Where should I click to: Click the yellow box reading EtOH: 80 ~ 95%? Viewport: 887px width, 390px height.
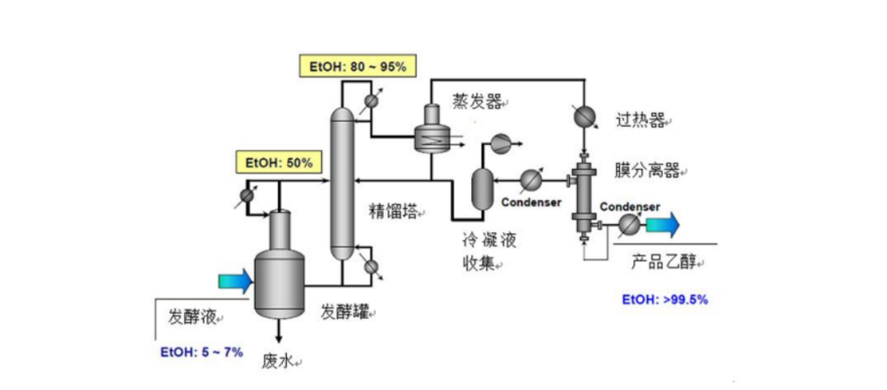coord(357,66)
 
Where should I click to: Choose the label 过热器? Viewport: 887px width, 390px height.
coord(641,121)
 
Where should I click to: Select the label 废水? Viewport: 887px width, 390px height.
coord(278,361)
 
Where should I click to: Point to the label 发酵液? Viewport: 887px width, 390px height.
coord(192,316)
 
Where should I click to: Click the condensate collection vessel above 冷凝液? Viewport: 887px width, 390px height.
coord(482,189)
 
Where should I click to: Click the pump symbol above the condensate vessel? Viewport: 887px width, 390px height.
coord(502,143)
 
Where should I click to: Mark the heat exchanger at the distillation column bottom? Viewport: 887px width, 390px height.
coord(369,265)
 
